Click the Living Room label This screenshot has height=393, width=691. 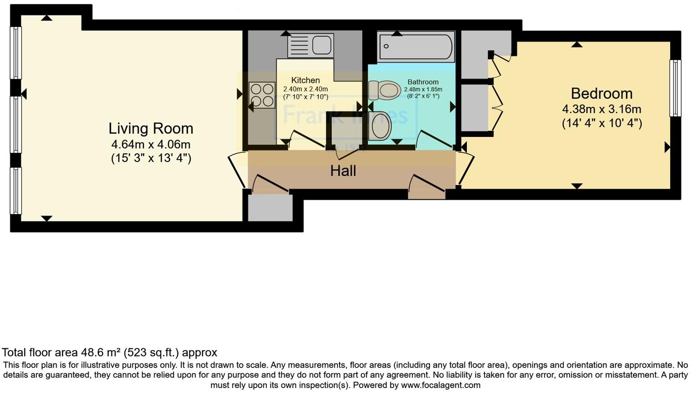150,128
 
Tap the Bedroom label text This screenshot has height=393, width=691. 601,93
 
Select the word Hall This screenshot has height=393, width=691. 343,171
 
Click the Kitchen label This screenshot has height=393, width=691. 305,80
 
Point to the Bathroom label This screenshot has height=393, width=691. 423,82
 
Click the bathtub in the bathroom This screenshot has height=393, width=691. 416,46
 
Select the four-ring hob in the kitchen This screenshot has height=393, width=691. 262,95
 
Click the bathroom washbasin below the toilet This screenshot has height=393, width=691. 380,126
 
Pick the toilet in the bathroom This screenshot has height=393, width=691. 384,90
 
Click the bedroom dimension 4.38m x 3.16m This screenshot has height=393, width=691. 601,109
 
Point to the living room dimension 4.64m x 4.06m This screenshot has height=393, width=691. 150,145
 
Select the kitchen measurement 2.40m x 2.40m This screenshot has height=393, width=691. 305,89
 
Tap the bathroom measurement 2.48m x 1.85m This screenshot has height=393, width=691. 423,89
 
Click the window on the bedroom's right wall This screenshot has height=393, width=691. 676,88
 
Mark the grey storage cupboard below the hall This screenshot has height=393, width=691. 270,208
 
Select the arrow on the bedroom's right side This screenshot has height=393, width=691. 667,147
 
